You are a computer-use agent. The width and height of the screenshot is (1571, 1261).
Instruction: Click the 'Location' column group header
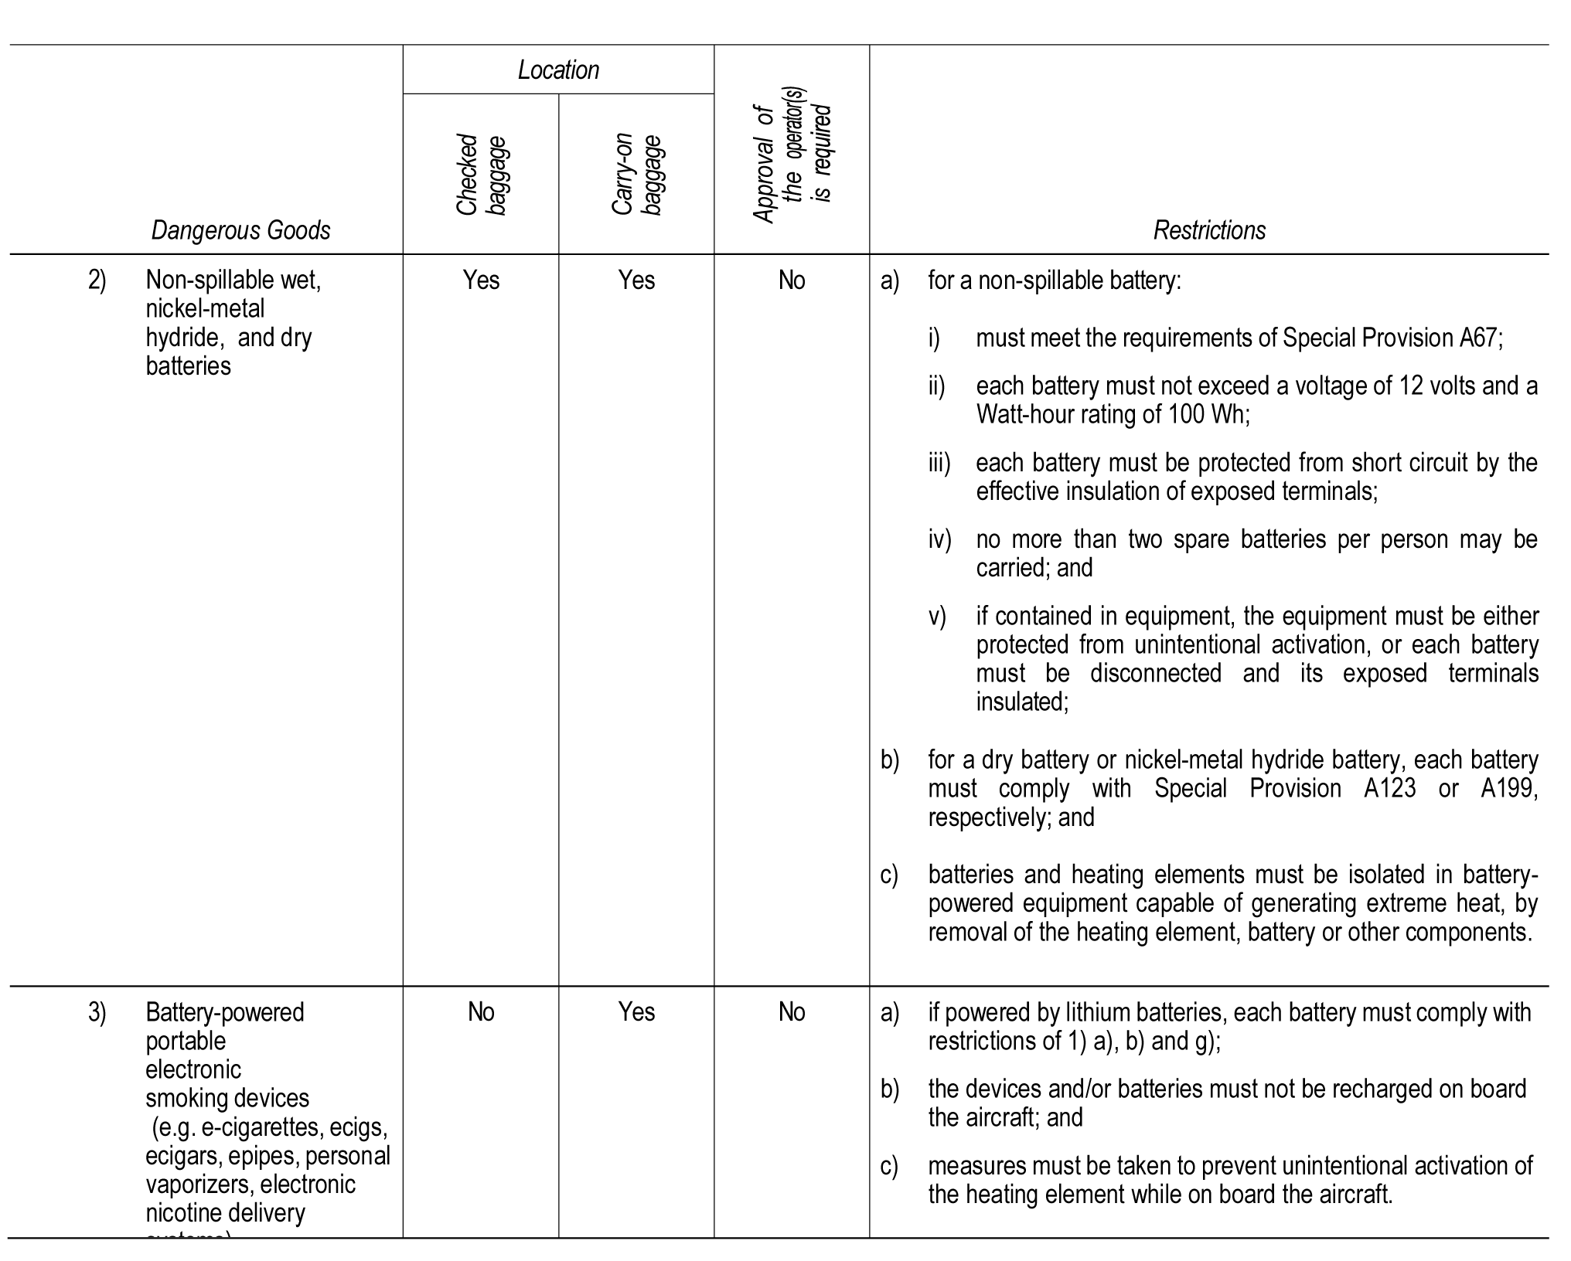coord(558,70)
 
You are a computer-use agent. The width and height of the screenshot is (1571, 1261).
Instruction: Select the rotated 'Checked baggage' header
coord(481,175)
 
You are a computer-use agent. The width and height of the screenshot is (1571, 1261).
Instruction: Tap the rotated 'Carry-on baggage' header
coord(636,175)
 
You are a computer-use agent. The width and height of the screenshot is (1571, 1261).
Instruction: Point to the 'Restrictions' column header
coord(1209,230)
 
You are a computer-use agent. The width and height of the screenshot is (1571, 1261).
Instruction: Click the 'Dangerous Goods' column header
coord(240,230)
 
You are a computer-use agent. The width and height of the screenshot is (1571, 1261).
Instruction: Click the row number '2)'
coord(97,280)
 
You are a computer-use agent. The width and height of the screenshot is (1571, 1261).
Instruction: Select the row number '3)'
coord(97,1012)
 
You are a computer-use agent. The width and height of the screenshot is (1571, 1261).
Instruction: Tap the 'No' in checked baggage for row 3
coord(481,1012)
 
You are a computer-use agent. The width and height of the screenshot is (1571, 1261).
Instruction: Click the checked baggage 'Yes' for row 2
coord(481,280)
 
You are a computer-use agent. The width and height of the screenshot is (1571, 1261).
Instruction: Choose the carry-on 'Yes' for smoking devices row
coord(636,1012)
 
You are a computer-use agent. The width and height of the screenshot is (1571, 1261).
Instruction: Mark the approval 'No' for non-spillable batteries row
coord(792,280)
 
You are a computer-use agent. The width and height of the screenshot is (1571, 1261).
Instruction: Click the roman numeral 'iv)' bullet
coord(940,539)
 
